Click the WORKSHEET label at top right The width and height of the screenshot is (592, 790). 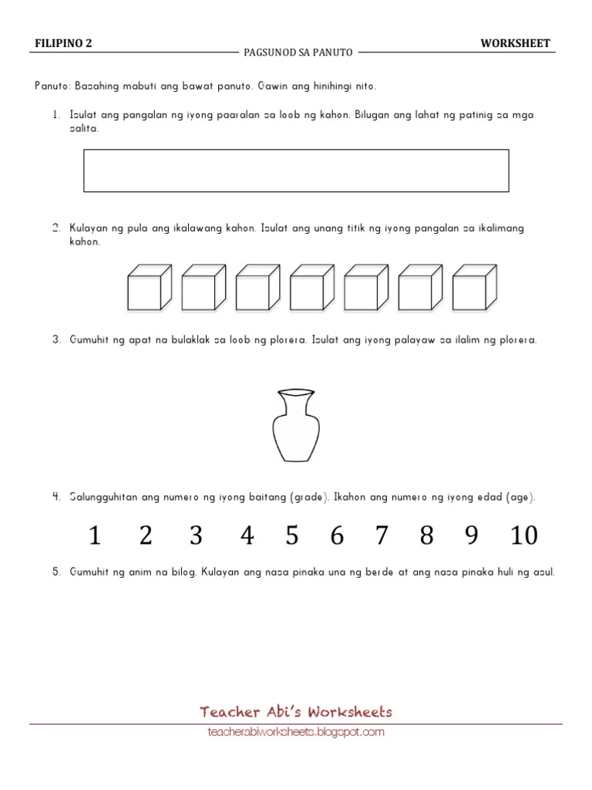515,43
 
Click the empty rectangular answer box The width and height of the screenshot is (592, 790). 296,170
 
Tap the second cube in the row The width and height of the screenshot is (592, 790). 203,287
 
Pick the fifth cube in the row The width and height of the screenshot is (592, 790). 365,287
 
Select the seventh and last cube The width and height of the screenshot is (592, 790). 473,287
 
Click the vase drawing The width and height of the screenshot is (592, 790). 295,426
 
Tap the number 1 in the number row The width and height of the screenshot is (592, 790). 95,535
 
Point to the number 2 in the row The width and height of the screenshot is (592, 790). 146,535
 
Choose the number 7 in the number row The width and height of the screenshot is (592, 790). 382,535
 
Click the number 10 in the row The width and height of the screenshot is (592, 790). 524,535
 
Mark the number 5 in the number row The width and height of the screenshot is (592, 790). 291,535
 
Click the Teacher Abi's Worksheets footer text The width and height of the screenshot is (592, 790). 296,712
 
